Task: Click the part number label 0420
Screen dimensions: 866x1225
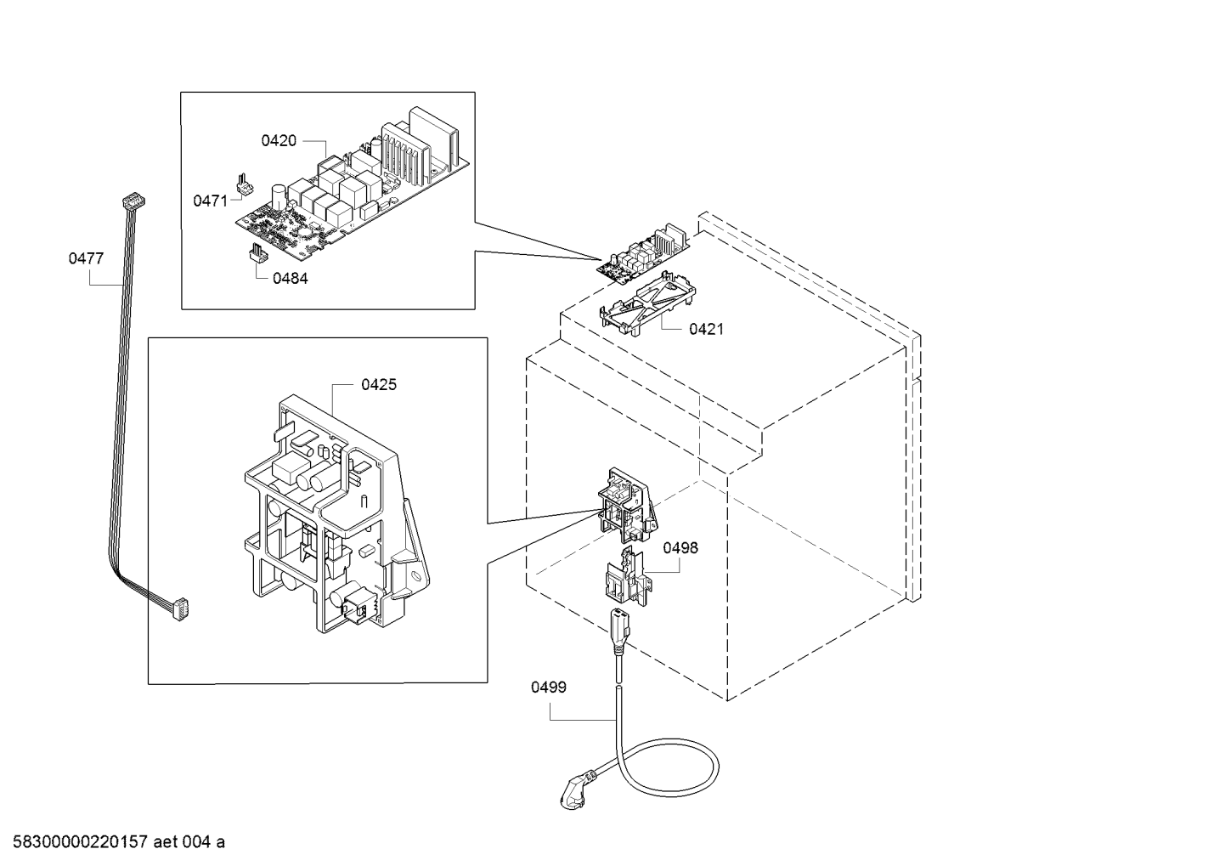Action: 278,141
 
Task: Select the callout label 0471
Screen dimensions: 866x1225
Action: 210,201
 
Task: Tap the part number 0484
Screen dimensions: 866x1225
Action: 290,278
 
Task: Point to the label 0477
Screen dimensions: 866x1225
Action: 86,258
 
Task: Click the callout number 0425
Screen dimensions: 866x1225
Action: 378,385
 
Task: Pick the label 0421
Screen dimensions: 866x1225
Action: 706,328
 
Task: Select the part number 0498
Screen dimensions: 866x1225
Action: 680,548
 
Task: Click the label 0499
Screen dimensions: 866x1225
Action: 548,687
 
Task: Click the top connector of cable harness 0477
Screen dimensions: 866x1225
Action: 133,201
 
